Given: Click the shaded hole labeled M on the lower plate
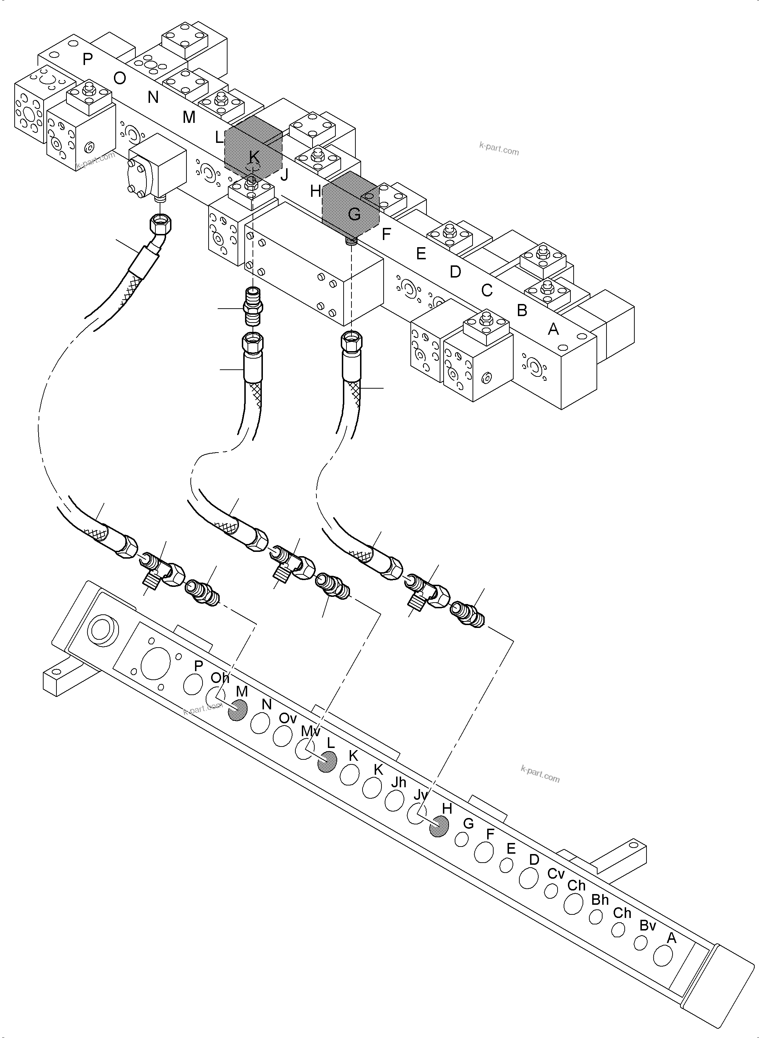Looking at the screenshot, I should (238, 710).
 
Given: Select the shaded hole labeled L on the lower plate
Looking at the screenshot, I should (327, 762).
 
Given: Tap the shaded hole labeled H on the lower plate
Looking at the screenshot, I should (438, 827).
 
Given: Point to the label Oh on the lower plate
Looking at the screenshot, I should (220, 678).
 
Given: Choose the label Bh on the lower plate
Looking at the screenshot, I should (600, 900).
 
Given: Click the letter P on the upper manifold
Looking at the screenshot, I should (87, 59).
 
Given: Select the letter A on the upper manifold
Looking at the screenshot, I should (554, 329).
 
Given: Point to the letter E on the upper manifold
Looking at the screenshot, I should (421, 253).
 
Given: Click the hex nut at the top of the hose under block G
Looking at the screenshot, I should (351, 342).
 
